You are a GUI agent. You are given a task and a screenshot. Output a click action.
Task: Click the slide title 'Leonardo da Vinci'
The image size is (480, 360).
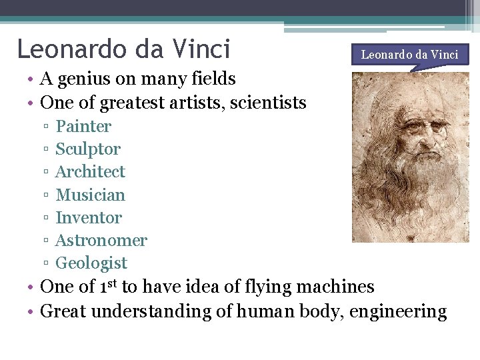[x=123, y=49]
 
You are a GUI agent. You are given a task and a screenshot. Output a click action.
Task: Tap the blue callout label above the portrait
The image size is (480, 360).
[x=409, y=54]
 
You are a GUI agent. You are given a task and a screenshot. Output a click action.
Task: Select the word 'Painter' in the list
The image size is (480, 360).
[x=83, y=126]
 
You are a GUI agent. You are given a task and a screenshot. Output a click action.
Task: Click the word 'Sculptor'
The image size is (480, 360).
[x=88, y=149]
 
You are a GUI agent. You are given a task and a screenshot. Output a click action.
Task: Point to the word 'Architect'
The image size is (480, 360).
[x=90, y=171]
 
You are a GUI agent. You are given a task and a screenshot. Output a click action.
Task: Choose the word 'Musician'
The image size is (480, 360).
[x=90, y=195]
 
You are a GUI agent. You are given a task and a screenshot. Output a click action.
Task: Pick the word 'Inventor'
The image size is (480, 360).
[x=89, y=217]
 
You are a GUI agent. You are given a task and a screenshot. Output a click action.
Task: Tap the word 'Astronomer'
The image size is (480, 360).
[x=101, y=240]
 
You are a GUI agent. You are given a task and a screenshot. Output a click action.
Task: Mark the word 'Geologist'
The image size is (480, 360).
[x=91, y=263]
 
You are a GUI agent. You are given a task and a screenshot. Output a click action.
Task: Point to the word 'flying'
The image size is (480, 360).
[x=255, y=287]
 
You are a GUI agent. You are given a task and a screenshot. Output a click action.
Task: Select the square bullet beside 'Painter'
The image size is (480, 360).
[x=45, y=127]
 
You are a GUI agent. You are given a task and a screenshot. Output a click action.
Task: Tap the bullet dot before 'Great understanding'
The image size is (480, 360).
[x=31, y=311]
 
